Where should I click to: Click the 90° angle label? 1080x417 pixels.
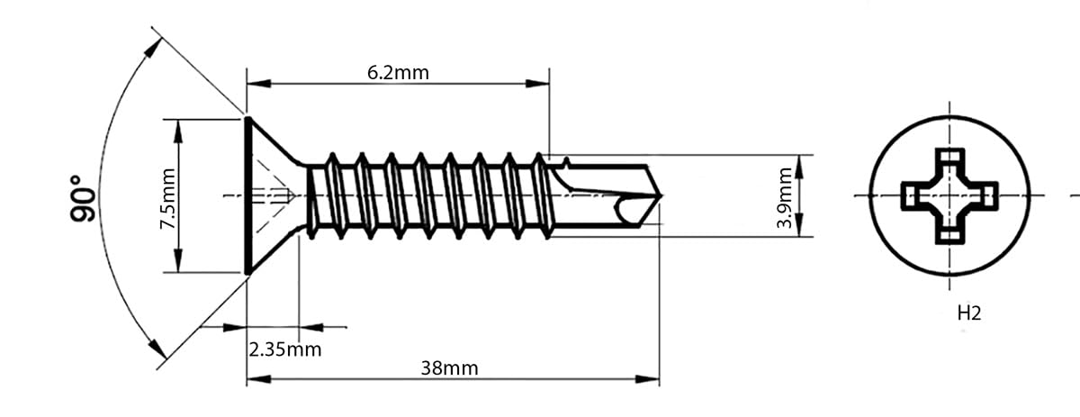83,198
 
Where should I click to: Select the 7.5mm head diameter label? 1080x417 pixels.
167,198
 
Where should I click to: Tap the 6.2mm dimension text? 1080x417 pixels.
398,73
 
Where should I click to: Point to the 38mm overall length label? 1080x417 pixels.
449,368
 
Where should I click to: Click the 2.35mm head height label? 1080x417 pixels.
285,349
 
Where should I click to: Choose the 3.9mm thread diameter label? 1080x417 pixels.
785,197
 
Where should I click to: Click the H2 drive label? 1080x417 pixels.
969,313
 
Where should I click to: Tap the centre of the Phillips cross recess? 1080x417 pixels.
949,196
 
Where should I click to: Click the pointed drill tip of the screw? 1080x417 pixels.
661,195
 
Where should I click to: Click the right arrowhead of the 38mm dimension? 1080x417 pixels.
647,379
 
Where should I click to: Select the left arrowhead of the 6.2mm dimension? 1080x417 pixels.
259,84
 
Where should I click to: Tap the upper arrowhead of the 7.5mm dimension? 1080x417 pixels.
178,131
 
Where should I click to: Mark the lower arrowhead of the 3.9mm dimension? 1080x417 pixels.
799,225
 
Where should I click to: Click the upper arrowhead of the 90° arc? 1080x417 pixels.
154,49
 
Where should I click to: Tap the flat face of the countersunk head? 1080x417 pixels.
247,196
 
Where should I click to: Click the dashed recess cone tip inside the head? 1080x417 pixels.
292,195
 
